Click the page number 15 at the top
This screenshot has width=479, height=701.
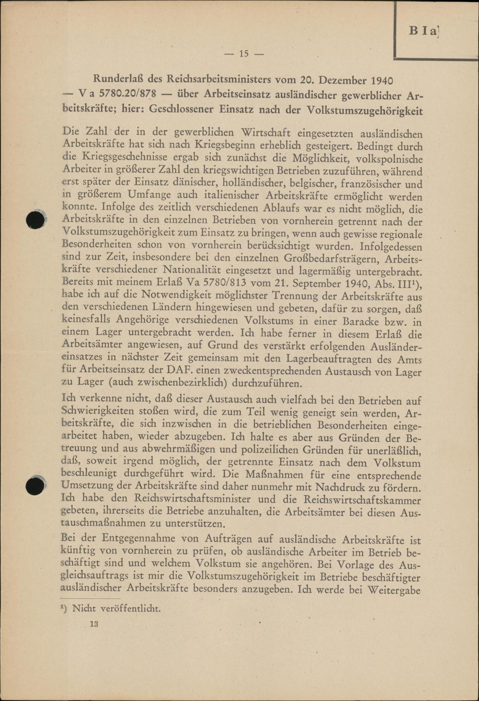(244, 54)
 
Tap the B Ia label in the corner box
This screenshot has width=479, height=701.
(424, 31)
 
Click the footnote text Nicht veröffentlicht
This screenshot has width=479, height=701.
(115, 609)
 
